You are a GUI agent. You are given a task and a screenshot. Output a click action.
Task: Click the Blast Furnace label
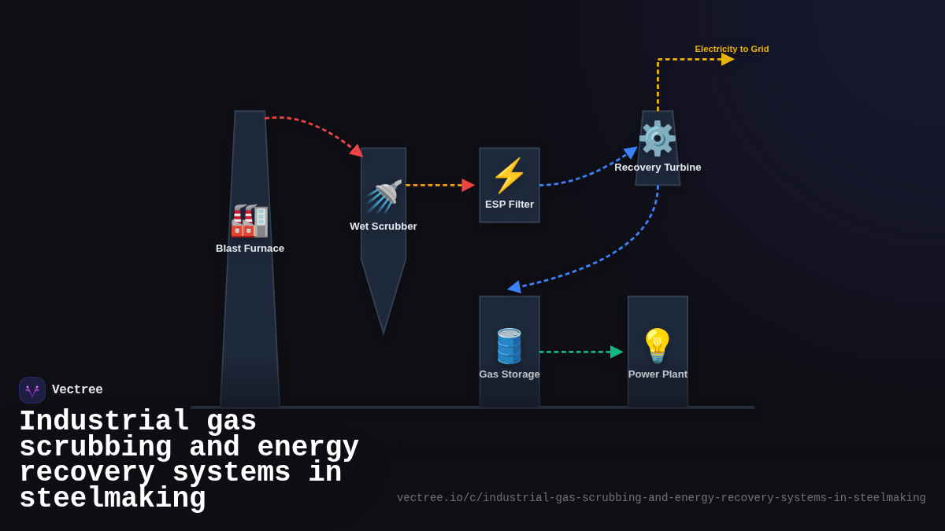[x=250, y=249]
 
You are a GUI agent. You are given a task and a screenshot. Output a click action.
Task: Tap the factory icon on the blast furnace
[x=250, y=220]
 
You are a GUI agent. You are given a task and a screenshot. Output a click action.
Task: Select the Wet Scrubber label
[x=384, y=227]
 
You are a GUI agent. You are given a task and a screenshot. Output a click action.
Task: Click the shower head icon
[x=384, y=196]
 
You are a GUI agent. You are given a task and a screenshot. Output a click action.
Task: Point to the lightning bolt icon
[x=509, y=175]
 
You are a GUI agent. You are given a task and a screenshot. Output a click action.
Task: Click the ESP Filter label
[x=510, y=205]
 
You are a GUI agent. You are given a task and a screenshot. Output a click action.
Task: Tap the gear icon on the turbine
[x=657, y=138]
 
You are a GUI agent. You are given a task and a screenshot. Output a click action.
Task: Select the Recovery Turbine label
[x=658, y=168]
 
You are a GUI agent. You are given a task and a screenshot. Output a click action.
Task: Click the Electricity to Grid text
[x=732, y=49]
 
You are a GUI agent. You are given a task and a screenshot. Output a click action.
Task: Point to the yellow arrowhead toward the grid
[x=727, y=59]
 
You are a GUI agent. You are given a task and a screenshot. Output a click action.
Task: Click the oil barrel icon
[x=509, y=345]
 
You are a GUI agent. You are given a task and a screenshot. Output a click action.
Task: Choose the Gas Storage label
[x=510, y=374]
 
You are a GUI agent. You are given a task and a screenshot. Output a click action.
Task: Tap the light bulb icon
[x=657, y=345]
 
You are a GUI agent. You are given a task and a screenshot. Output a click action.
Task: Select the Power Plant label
[x=658, y=374]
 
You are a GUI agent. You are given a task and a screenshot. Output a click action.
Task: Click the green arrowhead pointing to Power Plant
[x=616, y=352]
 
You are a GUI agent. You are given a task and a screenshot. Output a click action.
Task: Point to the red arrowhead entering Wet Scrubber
[x=357, y=151]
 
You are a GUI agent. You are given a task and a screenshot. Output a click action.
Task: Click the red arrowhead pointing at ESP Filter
[x=468, y=185]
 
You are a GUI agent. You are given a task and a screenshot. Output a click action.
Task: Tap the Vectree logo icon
[x=32, y=390]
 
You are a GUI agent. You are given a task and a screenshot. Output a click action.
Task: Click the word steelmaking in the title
[x=113, y=499]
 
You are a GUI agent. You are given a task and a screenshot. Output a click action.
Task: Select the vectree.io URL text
[x=661, y=498]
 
